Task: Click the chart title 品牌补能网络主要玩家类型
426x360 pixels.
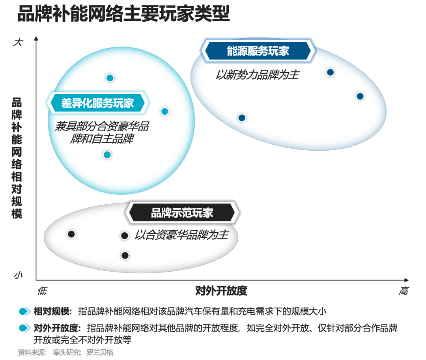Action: (x=123, y=13)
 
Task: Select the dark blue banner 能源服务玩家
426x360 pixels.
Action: (x=258, y=51)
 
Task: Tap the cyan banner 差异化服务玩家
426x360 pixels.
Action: (x=98, y=103)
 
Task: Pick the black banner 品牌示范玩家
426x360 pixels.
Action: (x=182, y=213)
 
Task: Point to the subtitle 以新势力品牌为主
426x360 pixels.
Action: (x=257, y=75)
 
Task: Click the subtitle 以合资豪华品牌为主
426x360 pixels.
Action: (x=181, y=235)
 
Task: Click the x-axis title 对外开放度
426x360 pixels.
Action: (x=221, y=291)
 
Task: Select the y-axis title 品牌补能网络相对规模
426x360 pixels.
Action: (x=17, y=158)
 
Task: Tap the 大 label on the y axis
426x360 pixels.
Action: (x=19, y=42)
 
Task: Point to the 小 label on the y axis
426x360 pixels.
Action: (x=18, y=275)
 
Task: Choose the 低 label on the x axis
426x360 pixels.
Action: (x=42, y=291)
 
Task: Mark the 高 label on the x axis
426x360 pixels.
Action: (x=404, y=291)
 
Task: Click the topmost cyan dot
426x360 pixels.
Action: (x=110, y=78)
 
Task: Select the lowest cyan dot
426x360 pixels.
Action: (x=107, y=155)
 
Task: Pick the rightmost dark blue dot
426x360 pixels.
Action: (x=360, y=96)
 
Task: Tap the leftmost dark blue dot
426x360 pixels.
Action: (x=242, y=118)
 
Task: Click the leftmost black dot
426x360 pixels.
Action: (x=71, y=234)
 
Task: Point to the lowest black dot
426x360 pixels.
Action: (x=125, y=255)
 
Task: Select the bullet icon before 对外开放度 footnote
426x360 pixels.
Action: (x=24, y=328)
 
